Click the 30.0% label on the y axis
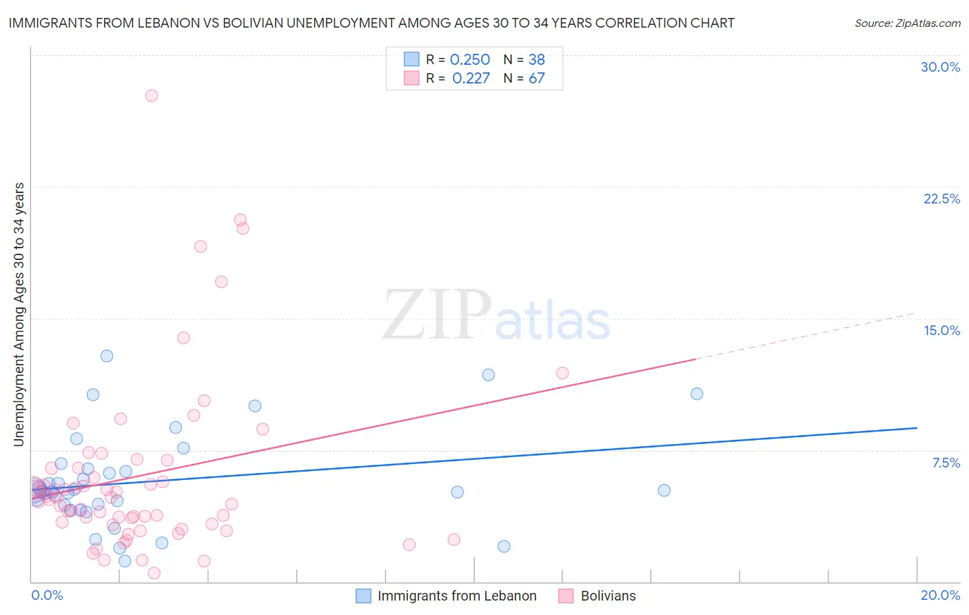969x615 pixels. [940, 67]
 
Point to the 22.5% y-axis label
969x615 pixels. [941, 199]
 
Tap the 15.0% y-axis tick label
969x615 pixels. [941, 330]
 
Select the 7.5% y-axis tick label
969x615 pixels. [946, 463]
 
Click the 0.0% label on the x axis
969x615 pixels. [47, 595]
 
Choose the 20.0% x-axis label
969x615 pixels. [940, 595]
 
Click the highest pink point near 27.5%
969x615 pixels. [152, 96]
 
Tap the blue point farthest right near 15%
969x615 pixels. [697, 394]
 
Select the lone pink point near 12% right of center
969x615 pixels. [562, 373]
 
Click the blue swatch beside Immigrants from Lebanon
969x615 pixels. [363, 596]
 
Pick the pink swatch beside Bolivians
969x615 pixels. [567, 596]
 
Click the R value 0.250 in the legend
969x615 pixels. [469, 60]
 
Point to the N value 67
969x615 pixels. [537, 79]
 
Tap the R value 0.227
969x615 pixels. [471, 79]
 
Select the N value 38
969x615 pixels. [537, 60]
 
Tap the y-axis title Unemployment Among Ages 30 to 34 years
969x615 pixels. [19, 314]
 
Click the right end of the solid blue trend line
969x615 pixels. [917, 428]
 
